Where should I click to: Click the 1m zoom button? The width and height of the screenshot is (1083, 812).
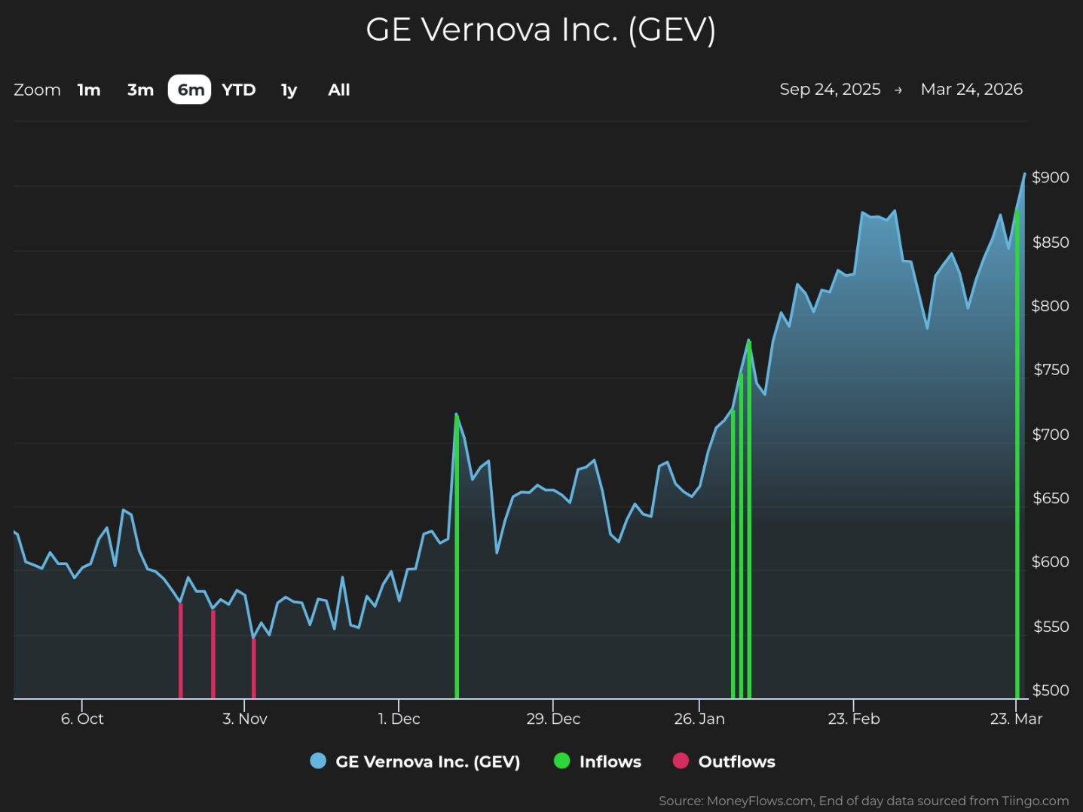pos(89,90)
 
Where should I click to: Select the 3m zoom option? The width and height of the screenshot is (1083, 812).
pos(140,90)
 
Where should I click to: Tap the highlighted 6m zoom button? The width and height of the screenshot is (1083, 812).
pos(190,90)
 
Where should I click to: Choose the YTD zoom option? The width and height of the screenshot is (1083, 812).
pos(239,90)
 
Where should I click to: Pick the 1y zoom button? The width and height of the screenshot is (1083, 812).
pos(289,90)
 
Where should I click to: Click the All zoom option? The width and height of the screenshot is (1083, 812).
pos(339,90)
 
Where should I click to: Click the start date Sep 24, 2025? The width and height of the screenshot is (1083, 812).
pos(830,89)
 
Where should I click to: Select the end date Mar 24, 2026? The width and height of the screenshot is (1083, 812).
pos(971,89)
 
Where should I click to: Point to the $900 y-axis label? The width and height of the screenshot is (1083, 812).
pos(1050,177)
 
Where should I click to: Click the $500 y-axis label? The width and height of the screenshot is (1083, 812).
pos(1050,690)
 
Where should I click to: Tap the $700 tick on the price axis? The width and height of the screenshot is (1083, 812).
pos(1050,434)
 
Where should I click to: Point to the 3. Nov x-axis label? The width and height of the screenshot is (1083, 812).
pos(245,719)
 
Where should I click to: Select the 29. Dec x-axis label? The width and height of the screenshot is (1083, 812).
pos(553,719)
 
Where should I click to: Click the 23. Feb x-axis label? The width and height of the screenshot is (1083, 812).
pos(854,719)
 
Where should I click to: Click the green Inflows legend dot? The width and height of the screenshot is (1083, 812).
pos(562,761)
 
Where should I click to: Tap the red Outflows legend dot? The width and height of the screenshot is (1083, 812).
pos(681,761)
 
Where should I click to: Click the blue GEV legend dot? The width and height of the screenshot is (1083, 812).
pos(318,761)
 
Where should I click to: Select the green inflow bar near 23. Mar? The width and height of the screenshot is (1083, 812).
pos(1017,452)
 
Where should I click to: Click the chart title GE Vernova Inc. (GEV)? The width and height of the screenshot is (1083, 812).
pos(540,30)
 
